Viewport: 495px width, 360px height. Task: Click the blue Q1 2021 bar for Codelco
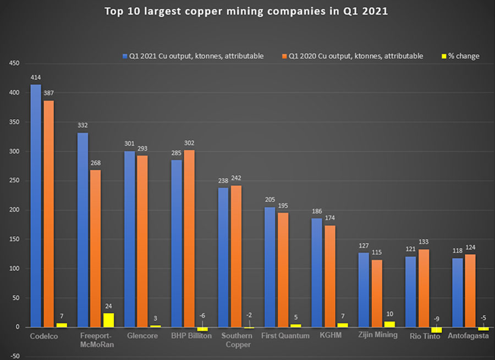click(x=35, y=206)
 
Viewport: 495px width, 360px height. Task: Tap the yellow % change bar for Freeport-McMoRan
click(x=108, y=320)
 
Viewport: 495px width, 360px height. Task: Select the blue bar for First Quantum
click(x=270, y=267)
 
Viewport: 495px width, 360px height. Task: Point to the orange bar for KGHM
click(x=330, y=276)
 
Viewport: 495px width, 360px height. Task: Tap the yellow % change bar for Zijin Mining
click(x=389, y=324)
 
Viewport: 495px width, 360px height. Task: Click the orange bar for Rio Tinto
click(x=424, y=288)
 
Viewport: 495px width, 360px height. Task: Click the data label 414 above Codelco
click(x=36, y=77)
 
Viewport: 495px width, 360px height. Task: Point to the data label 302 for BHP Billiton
click(x=189, y=143)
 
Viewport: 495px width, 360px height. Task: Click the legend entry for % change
click(x=460, y=56)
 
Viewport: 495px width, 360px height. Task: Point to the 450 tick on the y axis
click(x=12, y=64)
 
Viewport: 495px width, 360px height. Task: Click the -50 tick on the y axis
click(x=12, y=356)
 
